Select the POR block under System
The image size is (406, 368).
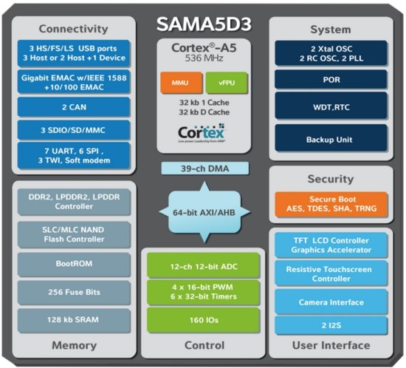(x=331, y=78)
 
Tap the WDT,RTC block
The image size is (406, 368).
(x=331, y=108)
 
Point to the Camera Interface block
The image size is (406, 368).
(x=331, y=301)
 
